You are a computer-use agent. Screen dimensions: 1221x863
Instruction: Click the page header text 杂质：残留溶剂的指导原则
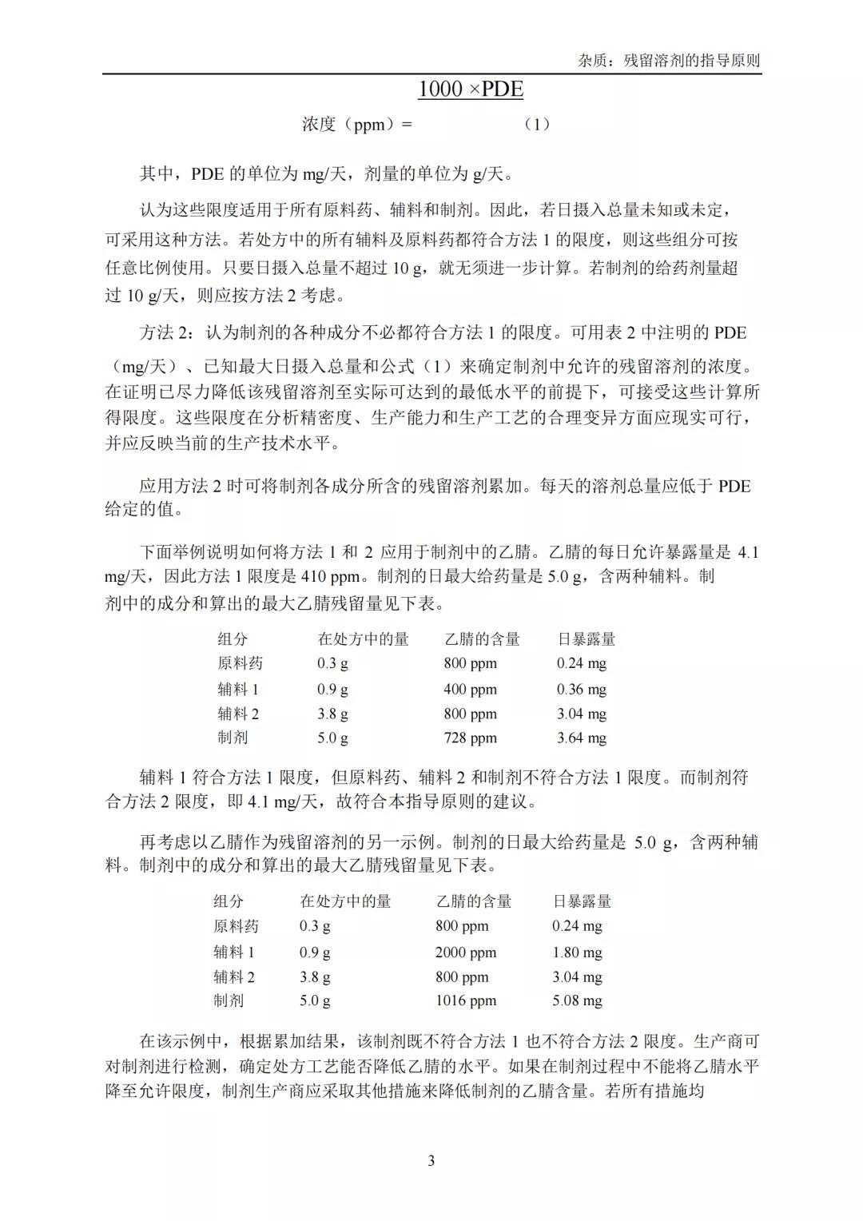[x=669, y=61]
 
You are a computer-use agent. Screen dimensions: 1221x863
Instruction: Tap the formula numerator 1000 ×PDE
[x=471, y=89]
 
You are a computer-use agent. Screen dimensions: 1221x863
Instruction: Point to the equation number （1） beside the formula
[x=536, y=125]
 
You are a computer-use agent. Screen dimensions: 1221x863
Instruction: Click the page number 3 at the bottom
[x=431, y=1161]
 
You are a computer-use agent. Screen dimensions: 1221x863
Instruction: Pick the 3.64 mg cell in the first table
[x=581, y=738]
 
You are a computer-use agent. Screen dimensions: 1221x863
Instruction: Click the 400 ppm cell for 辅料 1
[x=470, y=689]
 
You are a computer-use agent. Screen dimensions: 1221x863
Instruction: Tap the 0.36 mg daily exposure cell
[x=581, y=689]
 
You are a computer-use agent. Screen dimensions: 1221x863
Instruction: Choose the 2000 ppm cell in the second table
[x=465, y=952]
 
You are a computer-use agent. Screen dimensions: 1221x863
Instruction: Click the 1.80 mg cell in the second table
[x=577, y=952]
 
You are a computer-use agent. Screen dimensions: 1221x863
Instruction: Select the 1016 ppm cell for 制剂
[x=465, y=1000]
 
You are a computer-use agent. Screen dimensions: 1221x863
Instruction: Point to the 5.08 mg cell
[x=577, y=1000]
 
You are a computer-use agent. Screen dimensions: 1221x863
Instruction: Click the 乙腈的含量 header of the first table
[x=482, y=639]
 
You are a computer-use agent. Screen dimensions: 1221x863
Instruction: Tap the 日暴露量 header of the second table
[x=582, y=901]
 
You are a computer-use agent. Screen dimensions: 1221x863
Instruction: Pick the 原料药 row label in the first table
[x=240, y=663]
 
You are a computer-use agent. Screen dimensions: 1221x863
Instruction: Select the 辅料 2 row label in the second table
[x=234, y=976]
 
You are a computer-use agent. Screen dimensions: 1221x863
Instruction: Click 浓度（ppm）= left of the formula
[x=357, y=125]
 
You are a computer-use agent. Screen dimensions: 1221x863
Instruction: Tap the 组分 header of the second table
[x=229, y=901]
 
